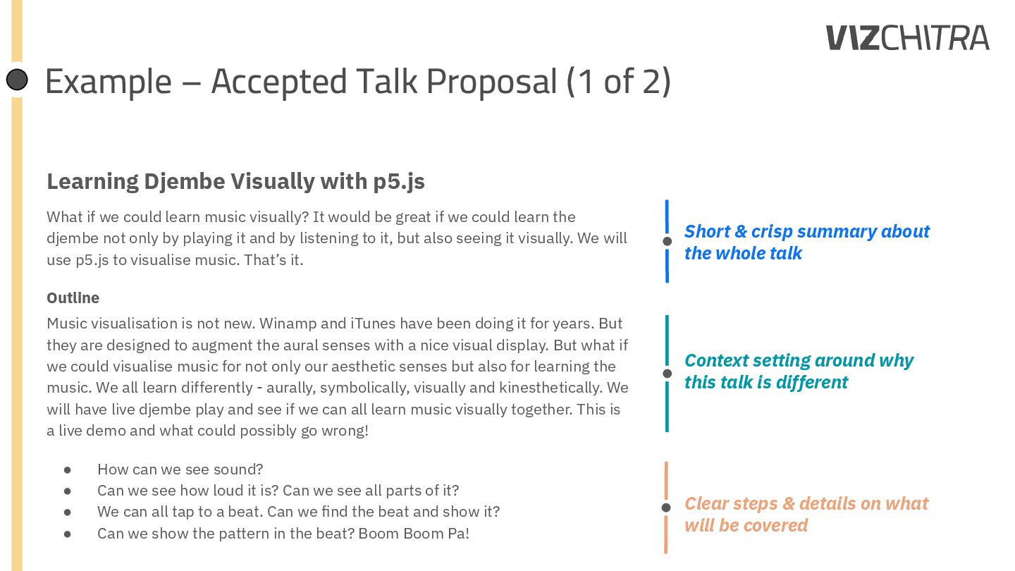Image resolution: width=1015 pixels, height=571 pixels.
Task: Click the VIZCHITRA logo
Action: point(908,38)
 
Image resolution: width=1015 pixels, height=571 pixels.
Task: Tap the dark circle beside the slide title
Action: point(17,80)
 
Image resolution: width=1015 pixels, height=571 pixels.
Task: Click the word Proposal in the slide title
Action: point(492,81)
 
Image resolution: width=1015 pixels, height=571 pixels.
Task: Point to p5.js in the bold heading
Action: point(399,181)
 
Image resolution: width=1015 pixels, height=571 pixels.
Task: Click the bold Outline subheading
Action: point(73,297)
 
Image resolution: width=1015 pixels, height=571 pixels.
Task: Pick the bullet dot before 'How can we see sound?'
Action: point(68,469)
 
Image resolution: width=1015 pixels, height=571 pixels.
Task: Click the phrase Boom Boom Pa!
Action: point(414,533)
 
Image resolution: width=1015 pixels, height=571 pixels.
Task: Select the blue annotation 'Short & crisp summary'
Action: point(806,231)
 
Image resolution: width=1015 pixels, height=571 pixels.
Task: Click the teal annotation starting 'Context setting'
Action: point(799,360)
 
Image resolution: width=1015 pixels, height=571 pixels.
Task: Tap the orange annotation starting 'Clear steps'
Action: point(806,503)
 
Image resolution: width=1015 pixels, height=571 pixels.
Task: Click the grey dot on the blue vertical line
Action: point(667,242)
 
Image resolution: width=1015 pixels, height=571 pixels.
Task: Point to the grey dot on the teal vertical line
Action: point(667,374)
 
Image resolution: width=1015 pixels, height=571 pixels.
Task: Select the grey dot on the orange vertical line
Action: point(666,508)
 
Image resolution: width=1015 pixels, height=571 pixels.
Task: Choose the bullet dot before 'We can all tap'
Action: point(68,512)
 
